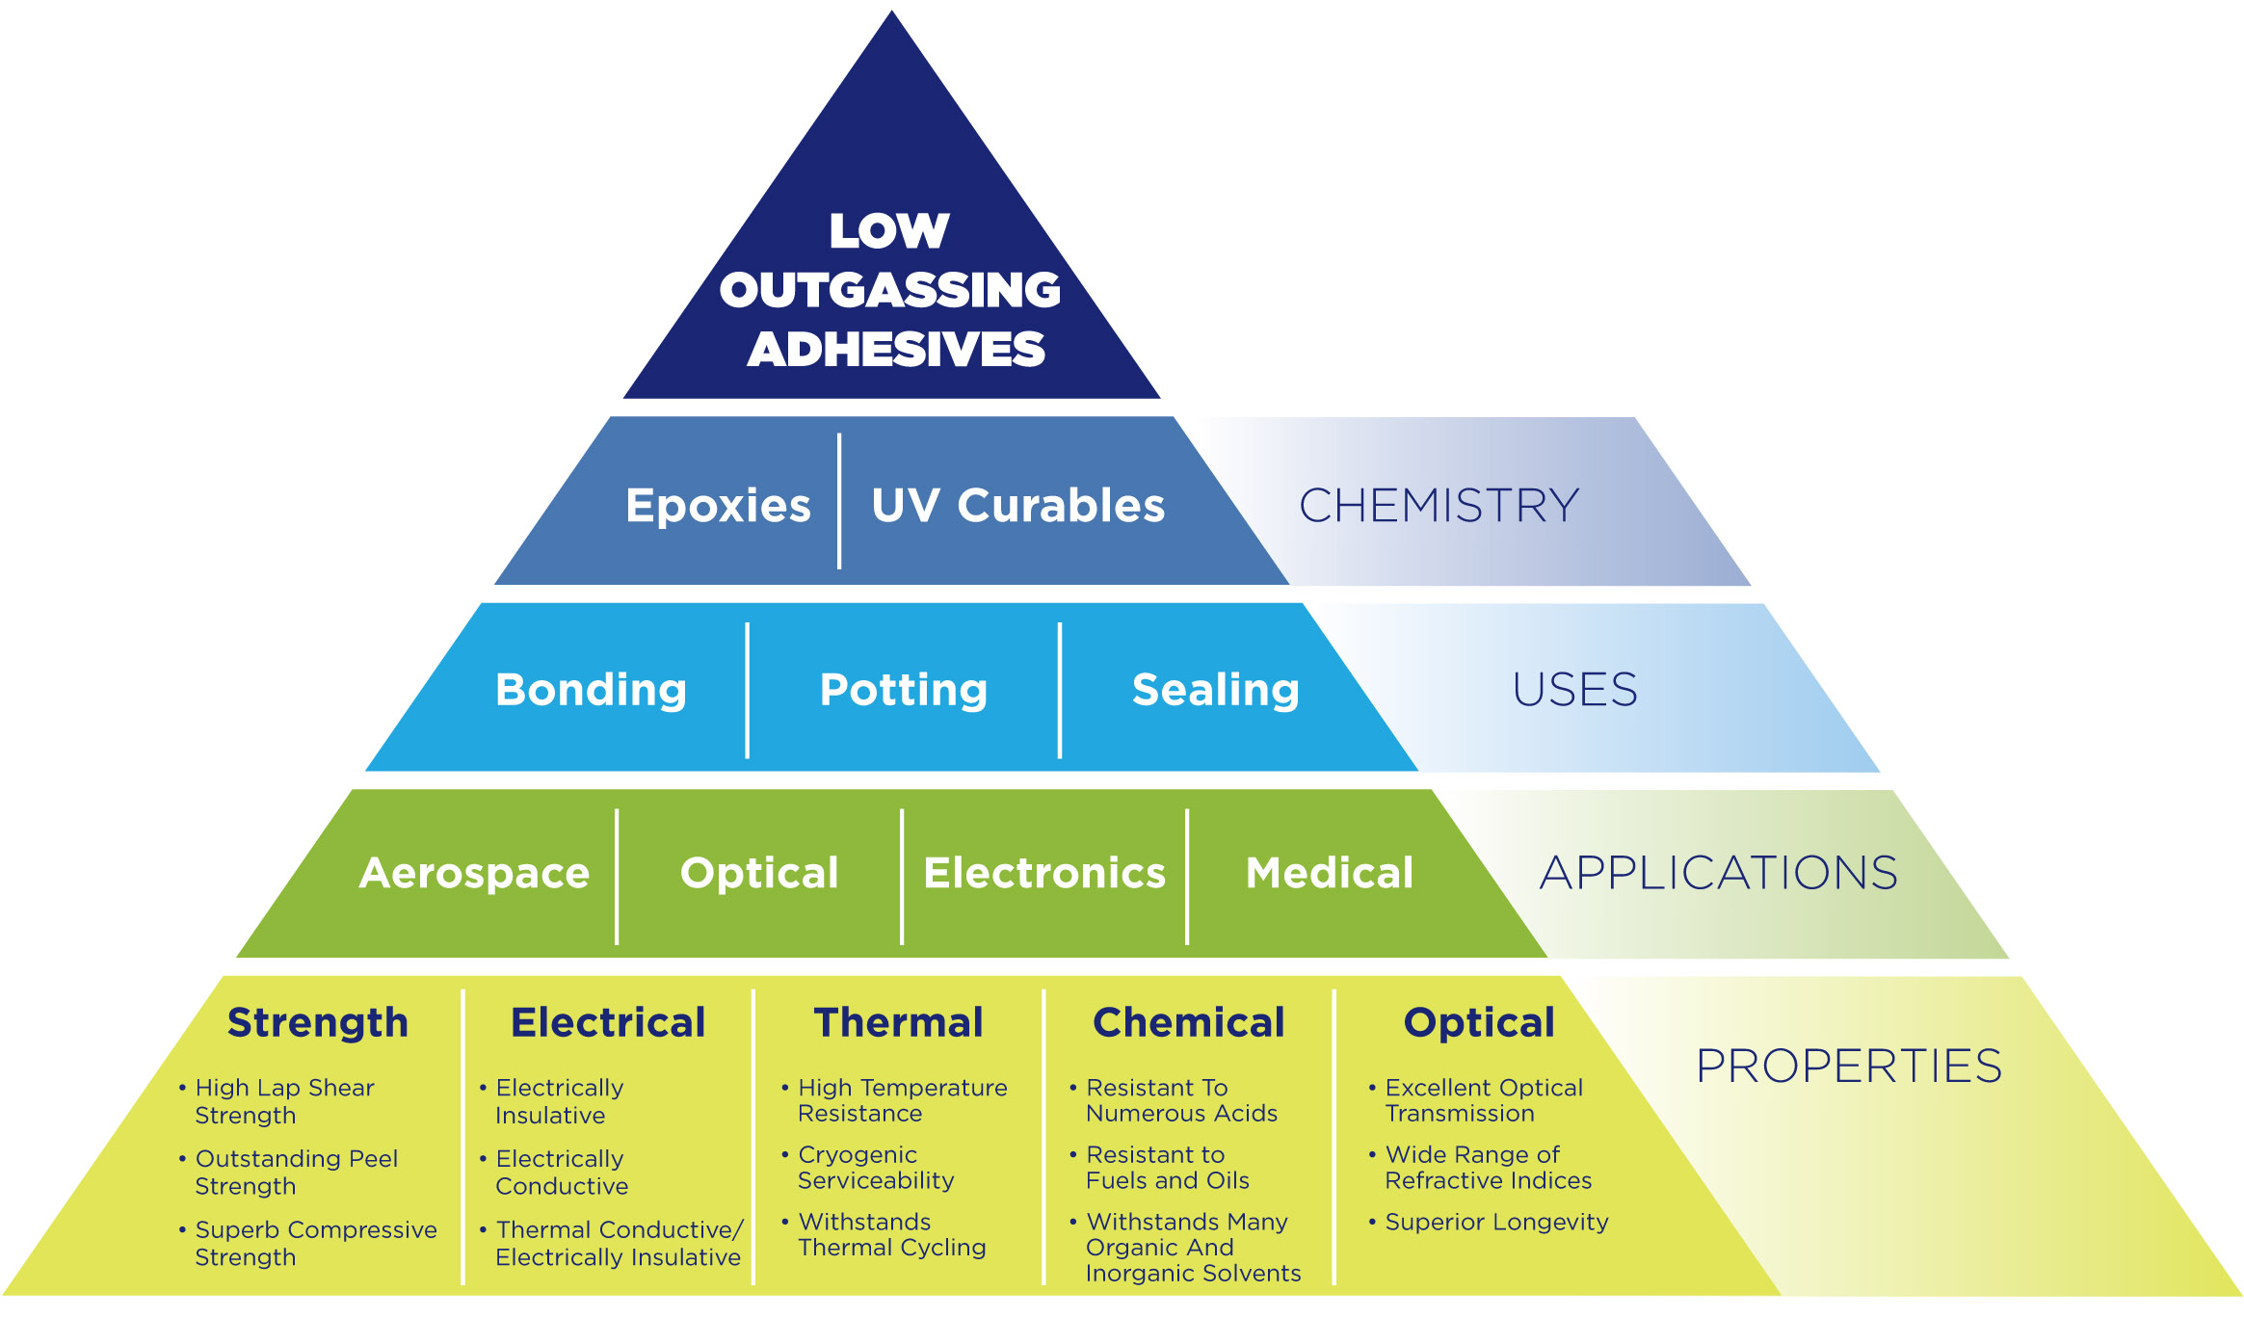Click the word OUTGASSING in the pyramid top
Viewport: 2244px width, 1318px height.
click(x=889, y=290)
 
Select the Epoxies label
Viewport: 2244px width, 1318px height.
click(x=718, y=505)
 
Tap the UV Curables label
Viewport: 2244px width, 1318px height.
click(x=1017, y=505)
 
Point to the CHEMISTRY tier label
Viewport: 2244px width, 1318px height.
click(x=1439, y=505)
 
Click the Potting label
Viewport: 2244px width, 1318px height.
click(x=903, y=689)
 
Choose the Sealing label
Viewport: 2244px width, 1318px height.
click(x=1215, y=689)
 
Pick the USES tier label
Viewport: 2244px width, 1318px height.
click(x=1574, y=689)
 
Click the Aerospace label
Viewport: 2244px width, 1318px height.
click(x=474, y=873)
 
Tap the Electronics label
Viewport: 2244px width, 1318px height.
click(x=1044, y=873)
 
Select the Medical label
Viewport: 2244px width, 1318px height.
click(x=1329, y=873)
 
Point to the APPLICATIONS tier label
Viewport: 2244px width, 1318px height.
click(x=1718, y=873)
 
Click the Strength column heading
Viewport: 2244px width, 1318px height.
click(x=318, y=1022)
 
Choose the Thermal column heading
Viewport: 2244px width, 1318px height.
click(x=898, y=1022)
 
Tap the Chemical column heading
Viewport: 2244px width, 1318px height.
click(x=1188, y=1022)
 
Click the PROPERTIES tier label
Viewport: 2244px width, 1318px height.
click(x=1848, y=1066)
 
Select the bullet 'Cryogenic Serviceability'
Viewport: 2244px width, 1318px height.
click(x=875, y=1168)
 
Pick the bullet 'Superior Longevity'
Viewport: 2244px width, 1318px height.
click(x=1495, y=1222)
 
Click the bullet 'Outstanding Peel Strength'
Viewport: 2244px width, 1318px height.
click(x=295, y=1173)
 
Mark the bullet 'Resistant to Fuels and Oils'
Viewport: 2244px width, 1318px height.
click(x=1166, y=1168)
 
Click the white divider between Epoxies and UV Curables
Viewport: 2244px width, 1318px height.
click(x=839, y=501)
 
